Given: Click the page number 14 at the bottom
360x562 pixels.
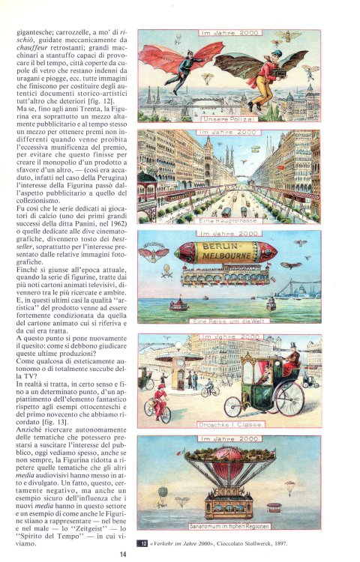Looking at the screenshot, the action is click(x=122, y=555).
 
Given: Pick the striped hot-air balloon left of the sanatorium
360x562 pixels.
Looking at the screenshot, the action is click(x=162, y=494).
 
